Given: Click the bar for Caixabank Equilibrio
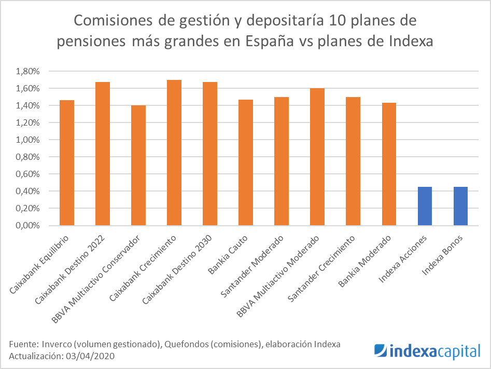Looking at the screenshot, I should (x=67, y=163).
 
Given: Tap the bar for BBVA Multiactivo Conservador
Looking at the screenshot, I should (x=138, y=166).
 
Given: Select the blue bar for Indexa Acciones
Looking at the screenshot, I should (x=425, y=206).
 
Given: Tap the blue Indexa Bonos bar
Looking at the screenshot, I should (x=460, y=206).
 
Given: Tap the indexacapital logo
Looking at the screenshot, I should (x=427, y=351).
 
